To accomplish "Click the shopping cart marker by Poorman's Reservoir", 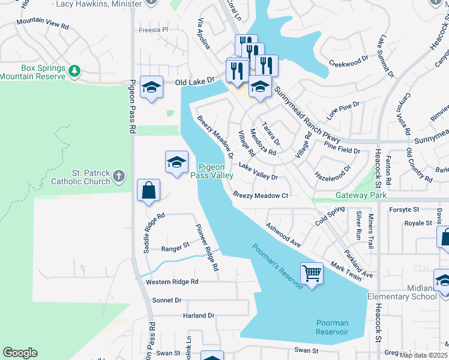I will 312,274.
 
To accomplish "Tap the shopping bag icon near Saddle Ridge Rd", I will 148,191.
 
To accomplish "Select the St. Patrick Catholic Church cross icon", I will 119,176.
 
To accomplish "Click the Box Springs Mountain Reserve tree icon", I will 74,71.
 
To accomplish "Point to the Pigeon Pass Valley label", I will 211,171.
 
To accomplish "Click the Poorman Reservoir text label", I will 332,327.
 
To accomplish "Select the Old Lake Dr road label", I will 194,80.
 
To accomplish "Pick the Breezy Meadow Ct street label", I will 261,196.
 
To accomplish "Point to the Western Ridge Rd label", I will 172,281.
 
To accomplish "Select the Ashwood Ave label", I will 283,234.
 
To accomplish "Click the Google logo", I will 20,353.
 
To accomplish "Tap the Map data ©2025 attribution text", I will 423,355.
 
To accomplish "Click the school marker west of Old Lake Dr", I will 152,87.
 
